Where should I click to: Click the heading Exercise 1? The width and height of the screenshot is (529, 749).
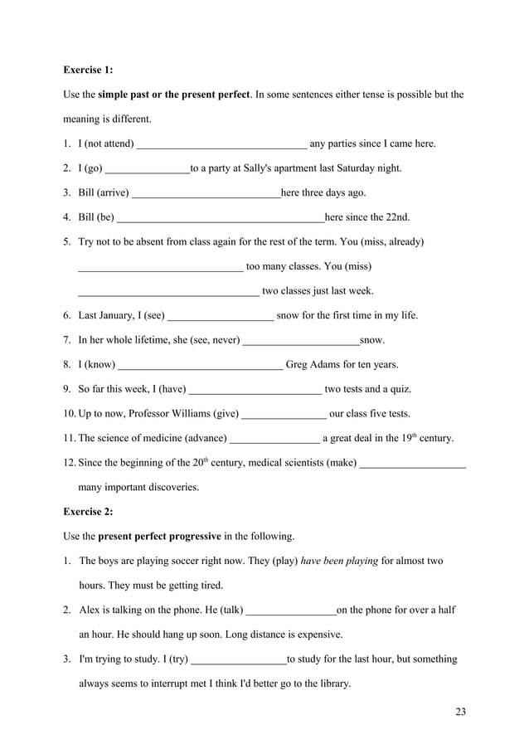click(x=88, y=71)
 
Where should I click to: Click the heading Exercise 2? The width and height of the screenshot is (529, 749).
click(x=88, y=511)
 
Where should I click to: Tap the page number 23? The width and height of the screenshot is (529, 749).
click(x=461, y=711)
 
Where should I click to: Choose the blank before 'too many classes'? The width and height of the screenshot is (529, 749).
click(x=160, y=268)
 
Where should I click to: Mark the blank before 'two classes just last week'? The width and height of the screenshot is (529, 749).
click(x=167, y=292)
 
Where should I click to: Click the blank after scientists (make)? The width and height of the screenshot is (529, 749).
click(x=413, y=464)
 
